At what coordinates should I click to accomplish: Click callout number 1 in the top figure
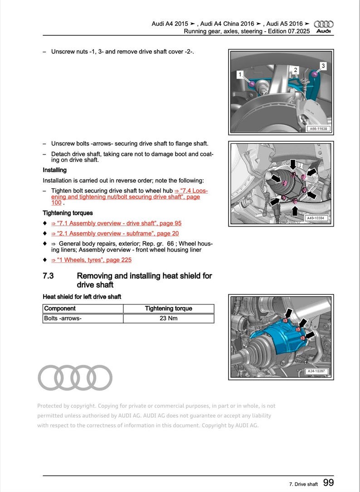click(x=240, y=73)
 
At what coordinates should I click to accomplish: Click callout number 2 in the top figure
click(x=295, y=70)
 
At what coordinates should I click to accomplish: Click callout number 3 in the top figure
click(x=323, y=66)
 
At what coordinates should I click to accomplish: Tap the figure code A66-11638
click(x=317, y=129)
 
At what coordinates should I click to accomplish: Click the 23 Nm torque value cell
click(x=168, y=318)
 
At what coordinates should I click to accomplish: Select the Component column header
click(x=59, y=309)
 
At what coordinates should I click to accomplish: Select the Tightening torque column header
click(x=168, y=309)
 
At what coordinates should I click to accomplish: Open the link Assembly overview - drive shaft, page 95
click(x=116, y=223)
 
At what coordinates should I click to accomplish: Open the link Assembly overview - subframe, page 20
click(x=115, y=233)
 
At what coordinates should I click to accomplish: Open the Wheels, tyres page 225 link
click(x=91, y=260)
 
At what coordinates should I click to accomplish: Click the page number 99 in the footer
click(x=329, y=483)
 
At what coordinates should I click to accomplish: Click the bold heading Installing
click(x=54, y=170)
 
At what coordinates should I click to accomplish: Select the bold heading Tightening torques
click(x=68, y=213)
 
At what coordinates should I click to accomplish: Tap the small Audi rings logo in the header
click(x=323, y=24)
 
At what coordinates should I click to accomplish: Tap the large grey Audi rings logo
click(x=75, y=377)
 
